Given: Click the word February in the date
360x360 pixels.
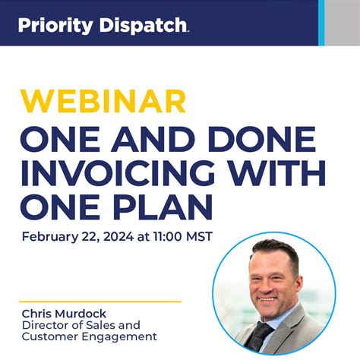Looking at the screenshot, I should pyautogui.click(x=49, y=236).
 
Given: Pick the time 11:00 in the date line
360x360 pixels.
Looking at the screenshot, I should pyautogui.click(x=164, y=236).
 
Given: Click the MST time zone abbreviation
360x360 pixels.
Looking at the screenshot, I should pyautogui.click(x=197, y=236).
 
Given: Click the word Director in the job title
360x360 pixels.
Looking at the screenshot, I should pyautogui.click(x=43, y=325).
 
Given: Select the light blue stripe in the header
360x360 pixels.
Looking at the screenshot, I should pyautogui.click(x=321, y=23).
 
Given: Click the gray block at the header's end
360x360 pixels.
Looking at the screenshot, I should pyautogui.click(x=343, y=23).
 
